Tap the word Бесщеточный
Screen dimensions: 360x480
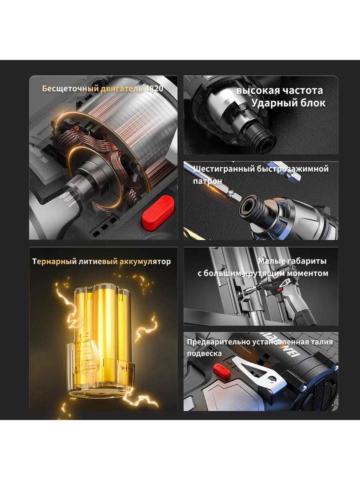pos(70,89)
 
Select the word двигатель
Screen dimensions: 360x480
pos(122,89)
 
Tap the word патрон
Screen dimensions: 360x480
pos(208,181)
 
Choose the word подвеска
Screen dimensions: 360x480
pos(204,354)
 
